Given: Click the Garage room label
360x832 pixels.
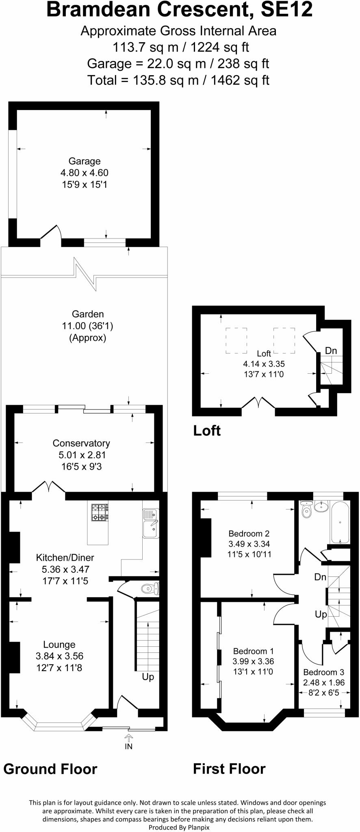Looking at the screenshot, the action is click(x=84, y=161).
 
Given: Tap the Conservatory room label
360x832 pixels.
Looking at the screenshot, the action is click(x=81, y=443).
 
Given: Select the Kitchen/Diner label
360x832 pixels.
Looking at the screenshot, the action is click(x=65, y=558).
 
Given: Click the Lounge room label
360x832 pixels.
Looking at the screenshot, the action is click(x=59, y=644).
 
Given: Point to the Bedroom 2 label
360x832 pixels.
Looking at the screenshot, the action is click(x=249, y=534).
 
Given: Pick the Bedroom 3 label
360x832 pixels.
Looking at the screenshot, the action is click(x=324, y=672).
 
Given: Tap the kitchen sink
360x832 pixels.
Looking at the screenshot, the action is click(x=151, y=523).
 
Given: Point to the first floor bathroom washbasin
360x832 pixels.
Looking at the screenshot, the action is click(x=322, y=506).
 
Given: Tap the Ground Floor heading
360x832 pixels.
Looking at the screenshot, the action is click(x=50, y=769).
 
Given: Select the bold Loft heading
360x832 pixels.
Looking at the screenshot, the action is click(x=207, y=431).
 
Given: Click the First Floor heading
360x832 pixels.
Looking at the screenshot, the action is click(x=229, y=769).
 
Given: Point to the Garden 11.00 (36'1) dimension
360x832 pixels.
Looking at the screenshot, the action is click(x=88, y=326).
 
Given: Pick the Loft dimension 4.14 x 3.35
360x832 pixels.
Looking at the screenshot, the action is click(x=264, y=364).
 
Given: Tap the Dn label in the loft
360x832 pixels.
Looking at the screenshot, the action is click(x=331, y=351).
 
